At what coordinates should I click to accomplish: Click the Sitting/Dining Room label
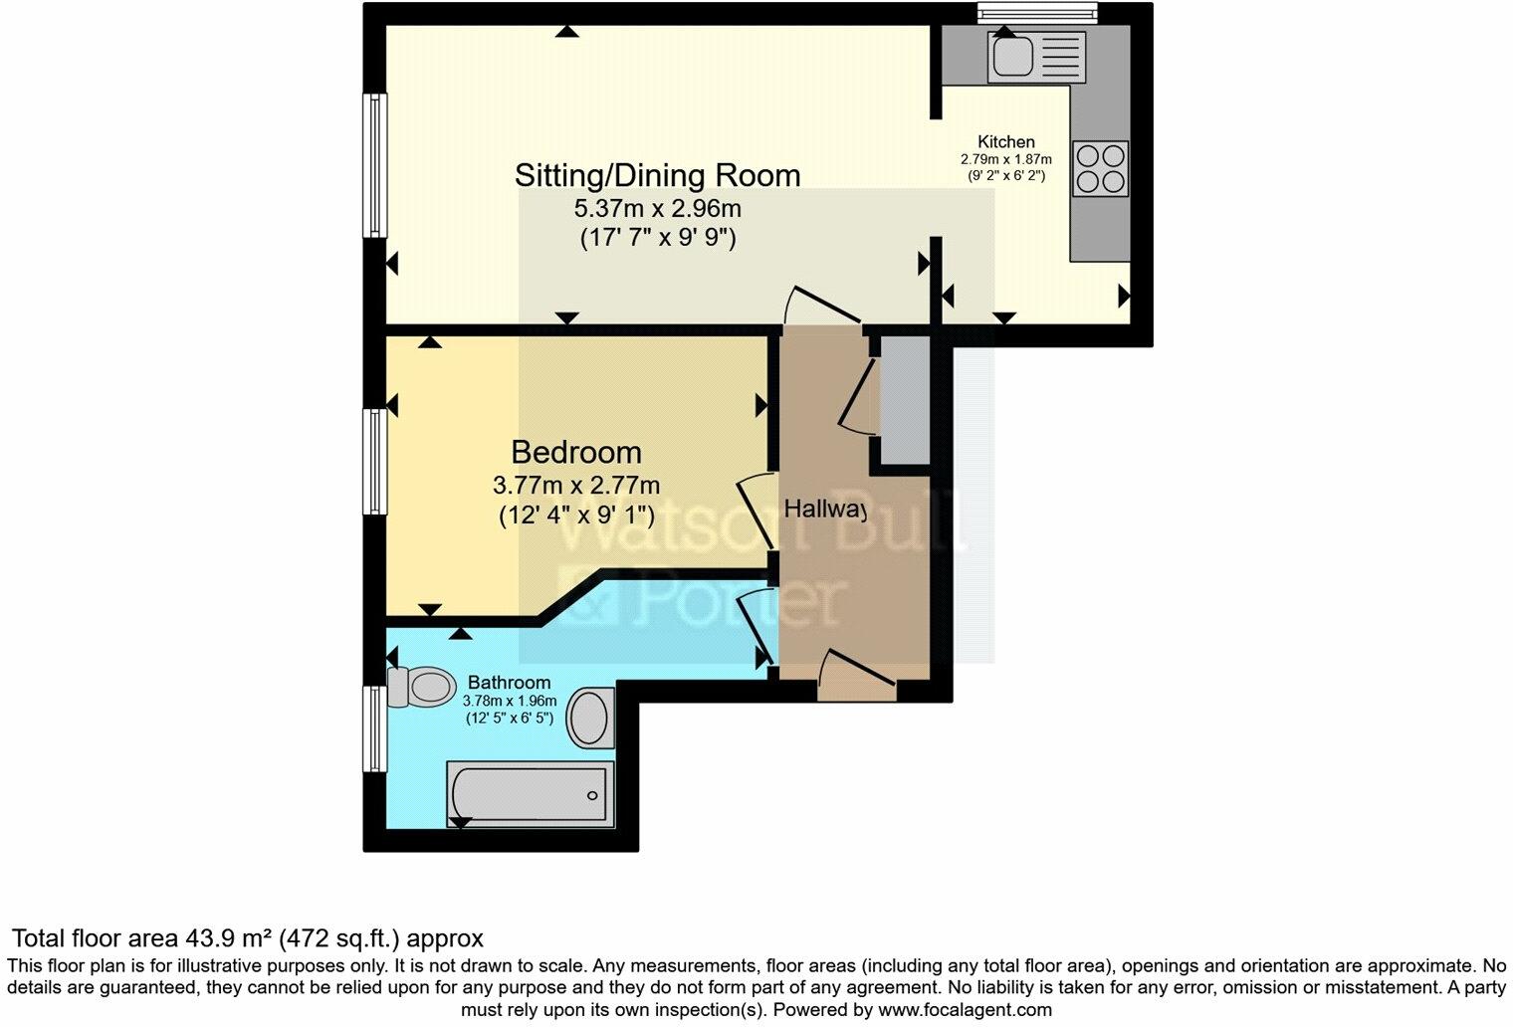click(657, 175)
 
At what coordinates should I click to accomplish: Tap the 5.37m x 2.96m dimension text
click(657, 209)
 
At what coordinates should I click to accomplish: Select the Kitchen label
click(1005, 141)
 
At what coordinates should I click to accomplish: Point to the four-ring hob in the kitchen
click(1100, 168)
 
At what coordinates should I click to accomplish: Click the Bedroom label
click(575, 453)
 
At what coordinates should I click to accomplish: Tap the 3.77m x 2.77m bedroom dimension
click(575, 486)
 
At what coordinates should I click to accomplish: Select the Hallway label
click(825, 510)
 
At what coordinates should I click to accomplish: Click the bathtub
click(530, 794)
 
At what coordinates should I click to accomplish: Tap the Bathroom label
click(509, 683)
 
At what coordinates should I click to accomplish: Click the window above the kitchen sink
click(1035, 12)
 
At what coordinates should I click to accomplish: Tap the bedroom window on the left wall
click(374, 462)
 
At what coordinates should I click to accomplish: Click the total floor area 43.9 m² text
click(247, 938)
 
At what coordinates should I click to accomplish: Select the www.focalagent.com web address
click(964, 1009)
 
